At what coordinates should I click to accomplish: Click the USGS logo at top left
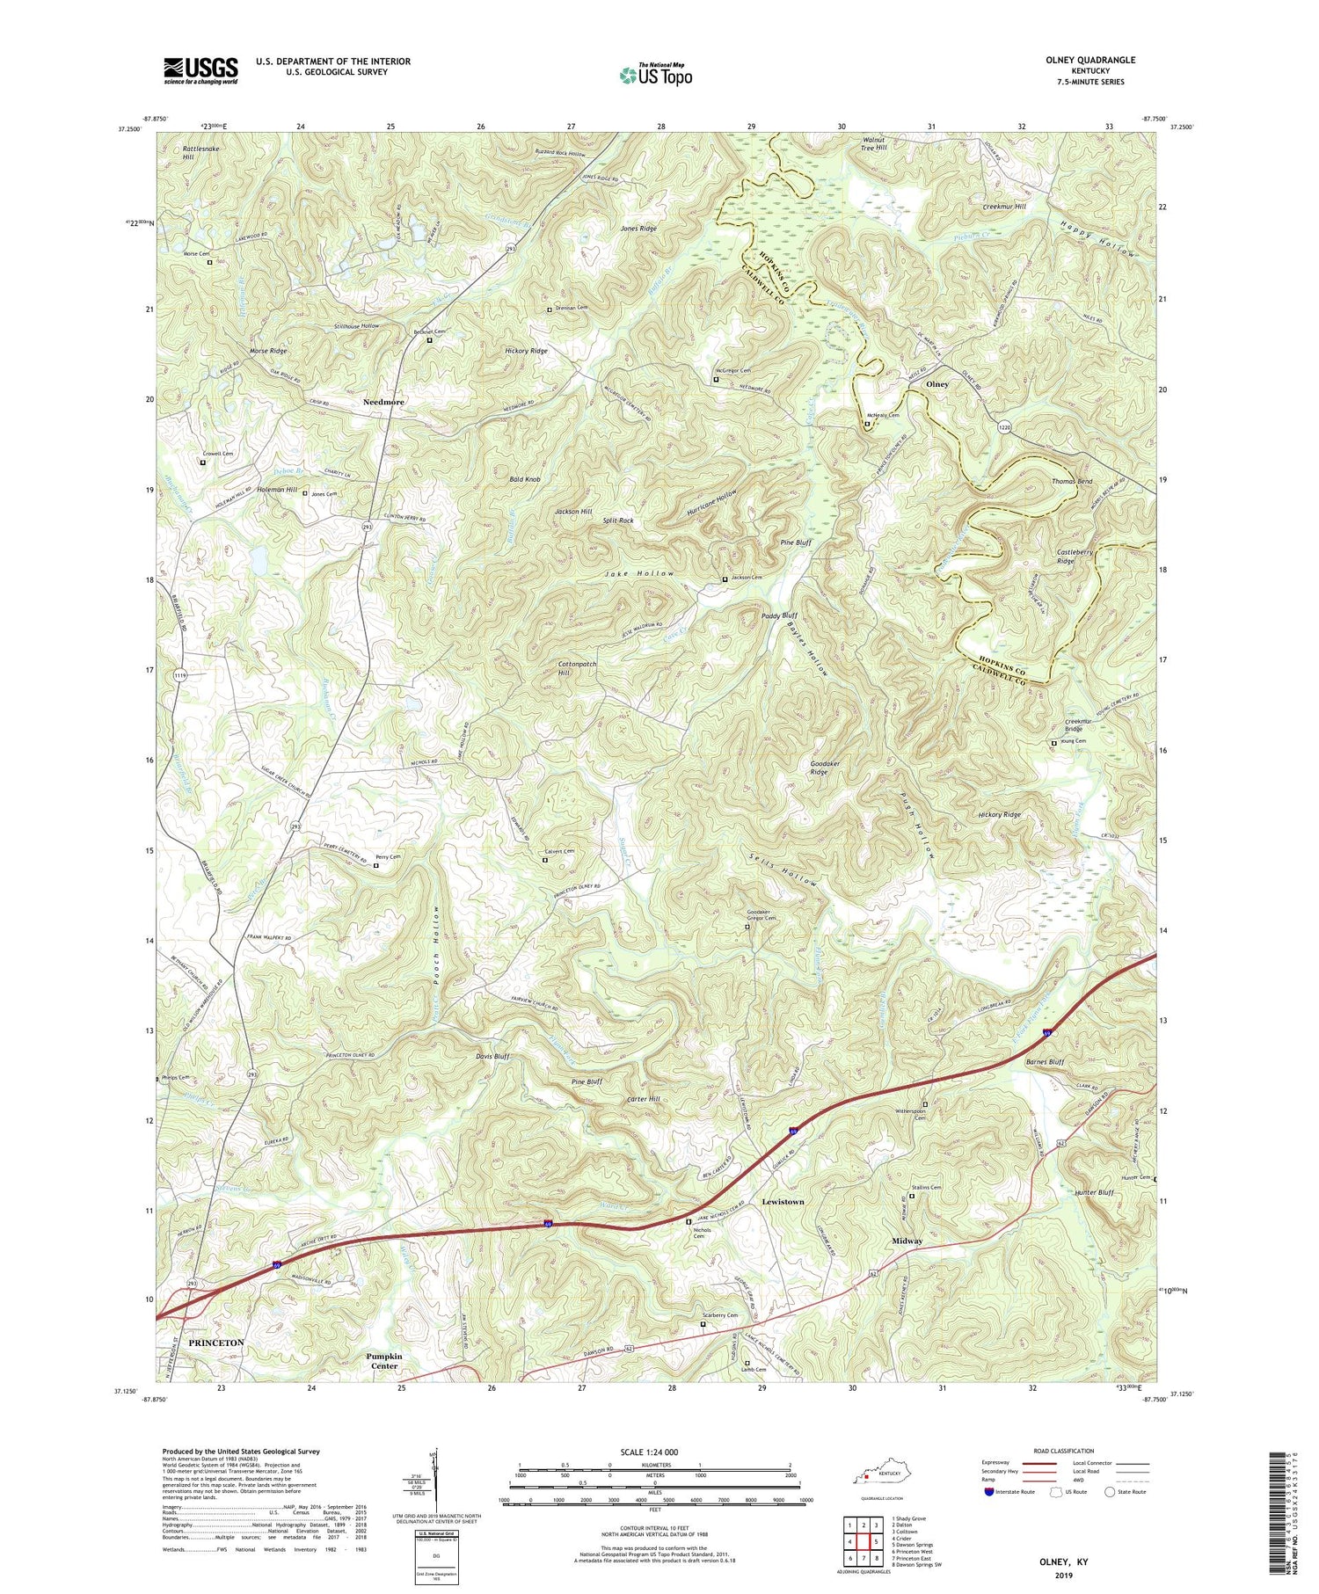click(200, 69)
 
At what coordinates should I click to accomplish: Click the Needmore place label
click(384, 401)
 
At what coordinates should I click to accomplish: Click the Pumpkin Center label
click(384, 1361)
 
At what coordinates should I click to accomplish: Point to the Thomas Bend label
click(1072, 482)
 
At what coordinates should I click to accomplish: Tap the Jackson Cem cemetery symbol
click(725, 579)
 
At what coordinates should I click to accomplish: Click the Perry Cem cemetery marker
click(376, 866)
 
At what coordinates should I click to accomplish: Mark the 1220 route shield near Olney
click(1005, 426)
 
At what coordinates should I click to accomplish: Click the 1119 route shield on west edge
click(179, 675)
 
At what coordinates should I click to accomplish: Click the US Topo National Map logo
click(655, 75)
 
